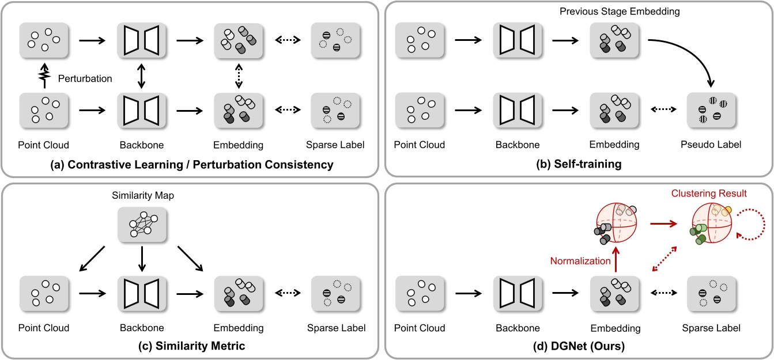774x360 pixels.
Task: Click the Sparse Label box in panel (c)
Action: [x=334, y=296]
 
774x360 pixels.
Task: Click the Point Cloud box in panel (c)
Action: [x=44, y=296]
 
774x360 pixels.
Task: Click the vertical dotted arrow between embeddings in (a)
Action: [x=239, y=75]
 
